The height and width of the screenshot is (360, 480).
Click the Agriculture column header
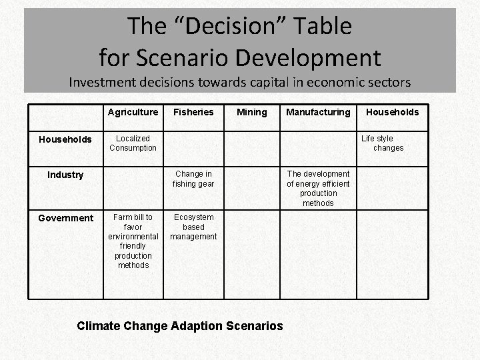pyautogui.click(x=133, y=112)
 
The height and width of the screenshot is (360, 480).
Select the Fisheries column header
pyautogui.click(x=193, y=112)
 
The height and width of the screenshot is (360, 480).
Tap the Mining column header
pyautogui.click(x=251, y=112)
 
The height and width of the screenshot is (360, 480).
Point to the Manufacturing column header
pyautogui.click(x=318, y=112)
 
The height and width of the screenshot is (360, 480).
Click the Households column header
pyautogui.click(x=393, y=112)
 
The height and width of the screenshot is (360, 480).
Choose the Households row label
pyautogui.click(x=65, y=139)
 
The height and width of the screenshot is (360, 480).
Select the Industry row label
pyautogui.click(x=65, y=175)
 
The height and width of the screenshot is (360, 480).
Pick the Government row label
pyautogui.click(x=65, y=218)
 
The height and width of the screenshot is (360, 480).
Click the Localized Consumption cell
pyautogui.click(x=133, y=143)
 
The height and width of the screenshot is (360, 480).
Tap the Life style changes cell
pyautogui.click(x=383, y=143)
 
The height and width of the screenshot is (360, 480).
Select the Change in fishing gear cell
pyautogui.click(x=193, y=179)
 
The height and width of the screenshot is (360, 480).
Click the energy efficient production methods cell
pyautogui.click(x=318, y=189)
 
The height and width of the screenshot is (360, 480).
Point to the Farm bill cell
pyautogui.click(x=133, y=241)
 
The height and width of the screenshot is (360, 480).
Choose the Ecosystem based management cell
pyautogui.click(x=193, y=227)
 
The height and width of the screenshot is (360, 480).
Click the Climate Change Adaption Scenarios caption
pyautogui.click(x=180, y=326)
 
